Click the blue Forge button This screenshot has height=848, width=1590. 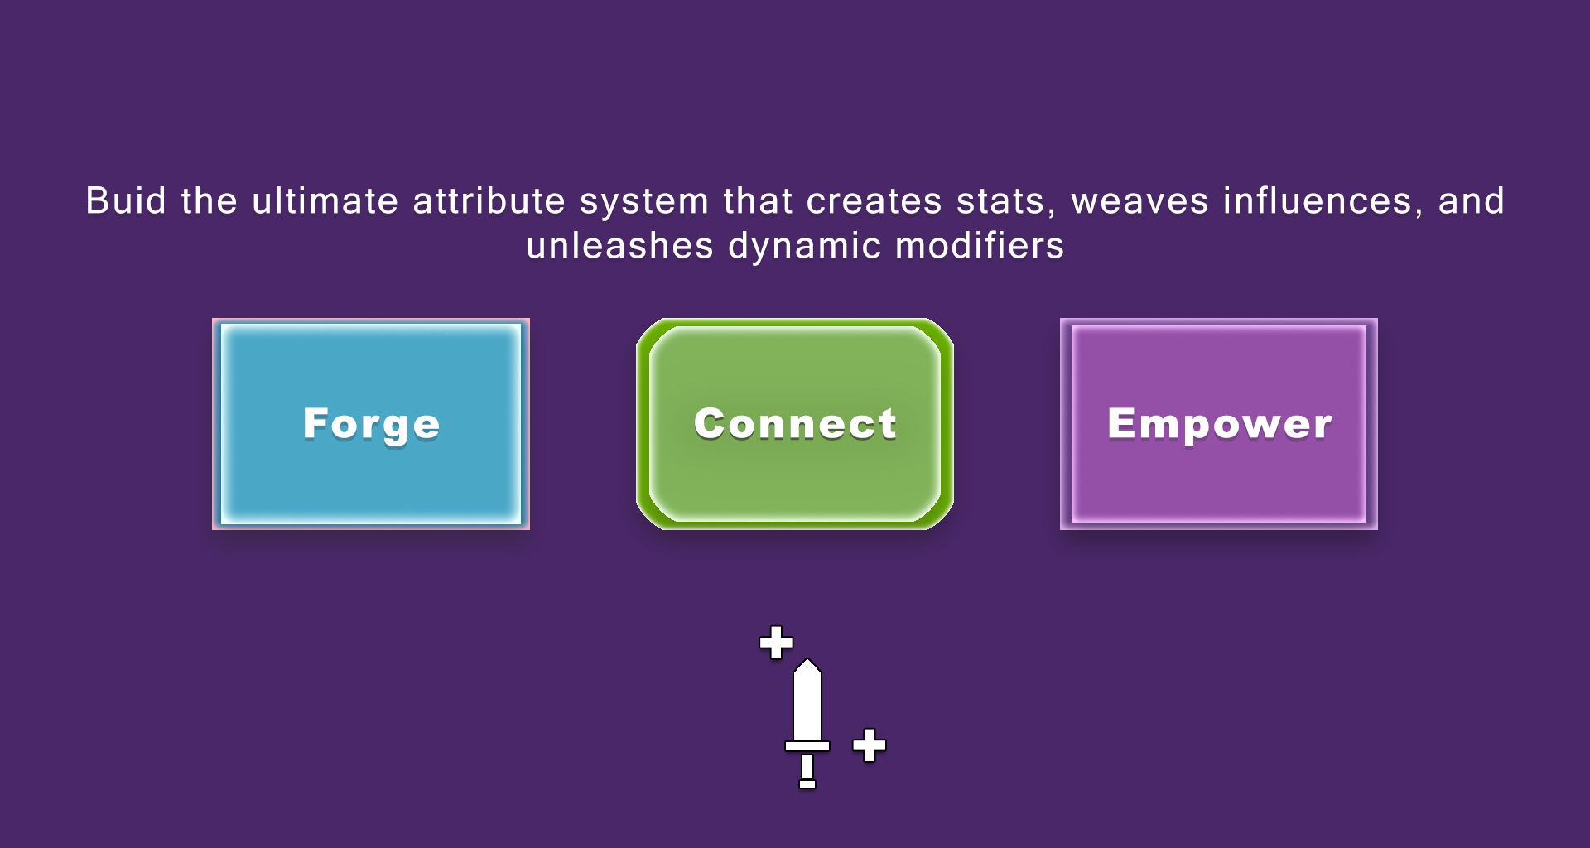[371, 424]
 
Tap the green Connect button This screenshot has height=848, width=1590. [795, 424]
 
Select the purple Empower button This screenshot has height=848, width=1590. [1219, 424]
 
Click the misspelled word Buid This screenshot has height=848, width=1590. [126, 201]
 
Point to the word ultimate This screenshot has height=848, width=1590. [325, 201]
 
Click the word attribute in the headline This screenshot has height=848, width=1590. [489, 201]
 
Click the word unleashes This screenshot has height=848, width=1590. [619, 246]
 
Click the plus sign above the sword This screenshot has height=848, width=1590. [776, 643]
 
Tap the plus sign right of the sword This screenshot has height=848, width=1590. [870, 745]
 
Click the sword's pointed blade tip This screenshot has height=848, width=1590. [807, 660]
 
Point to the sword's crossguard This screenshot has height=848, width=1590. [807, 746]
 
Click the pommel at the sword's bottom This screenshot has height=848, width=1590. [807, 783]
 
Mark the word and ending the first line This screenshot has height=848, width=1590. [1471, 201]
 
